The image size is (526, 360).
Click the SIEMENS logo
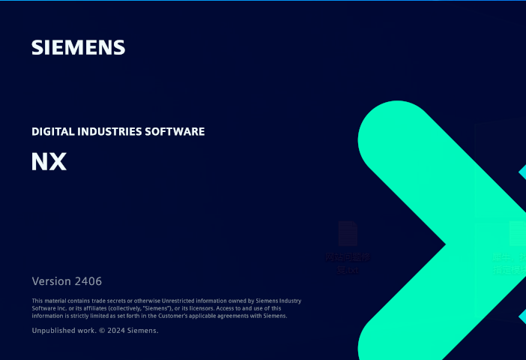pos(78,47)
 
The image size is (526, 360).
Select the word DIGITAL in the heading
pos(53,131)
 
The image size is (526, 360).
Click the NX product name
pos(49,161)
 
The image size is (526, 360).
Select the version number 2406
pos(88,281)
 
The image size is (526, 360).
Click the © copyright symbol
pos(102,330)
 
